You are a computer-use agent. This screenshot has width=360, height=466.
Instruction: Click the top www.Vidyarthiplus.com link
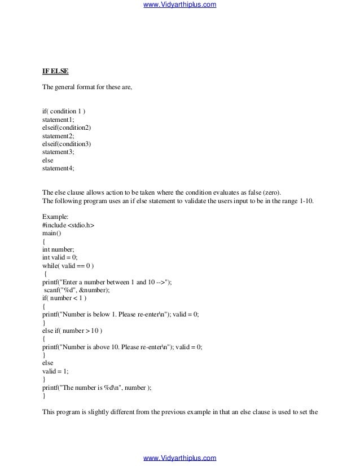pyautogui.click(x=180, y=5)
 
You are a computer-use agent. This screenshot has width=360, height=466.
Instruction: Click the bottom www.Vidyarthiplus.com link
pyautogui.click(x=180, y=458)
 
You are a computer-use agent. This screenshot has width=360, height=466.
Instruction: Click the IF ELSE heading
pyautogui.click(x=55, y=72)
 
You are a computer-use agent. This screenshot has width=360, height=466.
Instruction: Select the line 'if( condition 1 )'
pyautogui.click(x=64, y=112)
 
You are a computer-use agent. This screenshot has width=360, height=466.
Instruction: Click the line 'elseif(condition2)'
pyautogui.click(x=67, y=128)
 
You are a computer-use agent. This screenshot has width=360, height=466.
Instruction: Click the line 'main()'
pyautogui.click(x=52, y=232)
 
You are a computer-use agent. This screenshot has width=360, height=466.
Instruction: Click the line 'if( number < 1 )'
pyautogui.click(x=65, y=297)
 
